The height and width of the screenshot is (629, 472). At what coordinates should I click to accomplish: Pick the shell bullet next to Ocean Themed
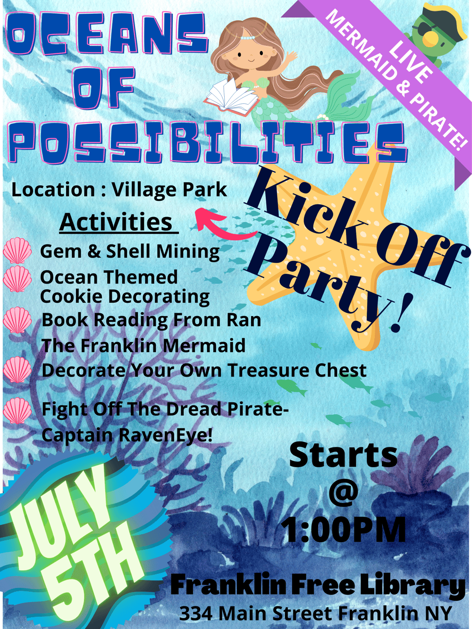(x=17, y=278)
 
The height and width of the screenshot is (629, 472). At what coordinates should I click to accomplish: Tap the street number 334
(x=196, y=612)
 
